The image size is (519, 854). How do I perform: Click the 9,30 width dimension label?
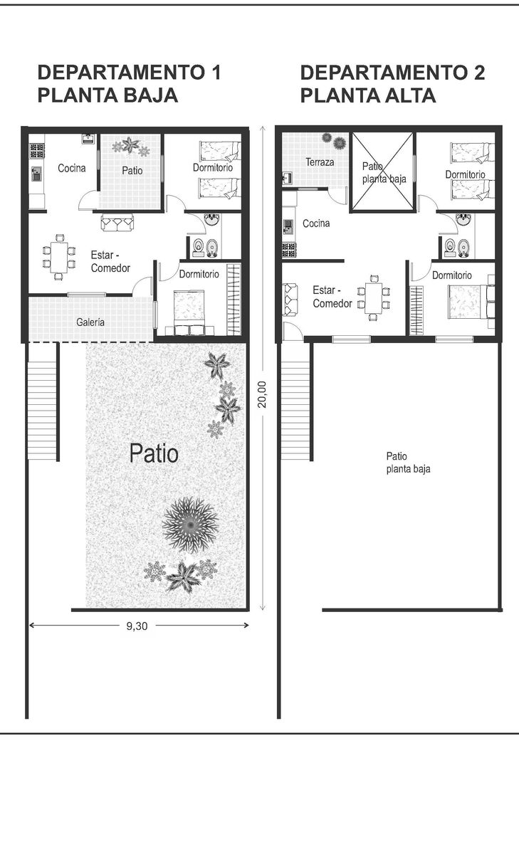coord(137,626)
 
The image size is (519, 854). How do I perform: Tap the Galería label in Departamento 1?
coord(90,322)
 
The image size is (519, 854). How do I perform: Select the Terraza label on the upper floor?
coord(320,162)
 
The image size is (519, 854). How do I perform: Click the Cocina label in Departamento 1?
coord(72,168)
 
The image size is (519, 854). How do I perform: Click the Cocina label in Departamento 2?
coord(316,223)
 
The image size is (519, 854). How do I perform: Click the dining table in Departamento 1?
coord(58,257)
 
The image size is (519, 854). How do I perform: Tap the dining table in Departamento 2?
coord(373,297)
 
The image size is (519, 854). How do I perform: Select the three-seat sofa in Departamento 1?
coord(117,222)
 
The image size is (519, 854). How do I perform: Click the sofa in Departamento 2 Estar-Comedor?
coord(290,300)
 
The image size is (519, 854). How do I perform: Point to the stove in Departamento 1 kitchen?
coord(37,151)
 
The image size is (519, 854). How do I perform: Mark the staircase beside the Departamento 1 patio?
coord(42,411)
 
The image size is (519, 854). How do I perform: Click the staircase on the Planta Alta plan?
coord(295,411)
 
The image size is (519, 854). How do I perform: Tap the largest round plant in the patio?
coord(190,525)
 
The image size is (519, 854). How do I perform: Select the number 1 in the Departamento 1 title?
coord(216,73)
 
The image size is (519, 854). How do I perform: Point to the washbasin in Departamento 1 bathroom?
coord(211,219)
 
